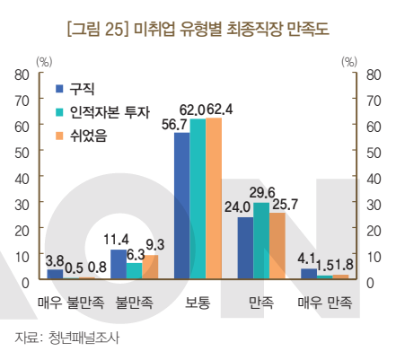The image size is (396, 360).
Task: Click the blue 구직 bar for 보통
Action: (x=181, y=206)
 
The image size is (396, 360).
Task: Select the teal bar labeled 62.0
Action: (x=198, y=198)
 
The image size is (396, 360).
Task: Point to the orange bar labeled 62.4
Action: (x=213, y=198)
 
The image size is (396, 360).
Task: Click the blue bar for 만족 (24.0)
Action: (x=245, y=248)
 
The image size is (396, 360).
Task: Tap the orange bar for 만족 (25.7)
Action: (x=277, y=246)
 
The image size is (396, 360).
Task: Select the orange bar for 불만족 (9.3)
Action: (x=150, y=267)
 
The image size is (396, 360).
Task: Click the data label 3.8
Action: (x=53, y=260)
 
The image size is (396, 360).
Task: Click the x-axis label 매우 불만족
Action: (x=71, y=303)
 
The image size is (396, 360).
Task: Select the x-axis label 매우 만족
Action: (x=324, y=303)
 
